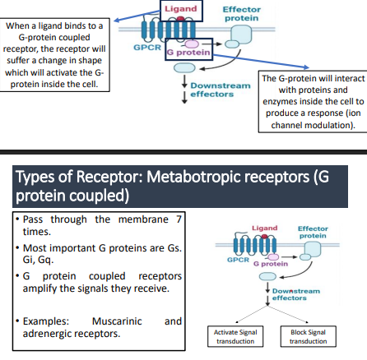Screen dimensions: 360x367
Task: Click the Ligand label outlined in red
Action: (x=181, y=9)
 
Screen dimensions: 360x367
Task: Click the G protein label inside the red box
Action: (x=189, y=53)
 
